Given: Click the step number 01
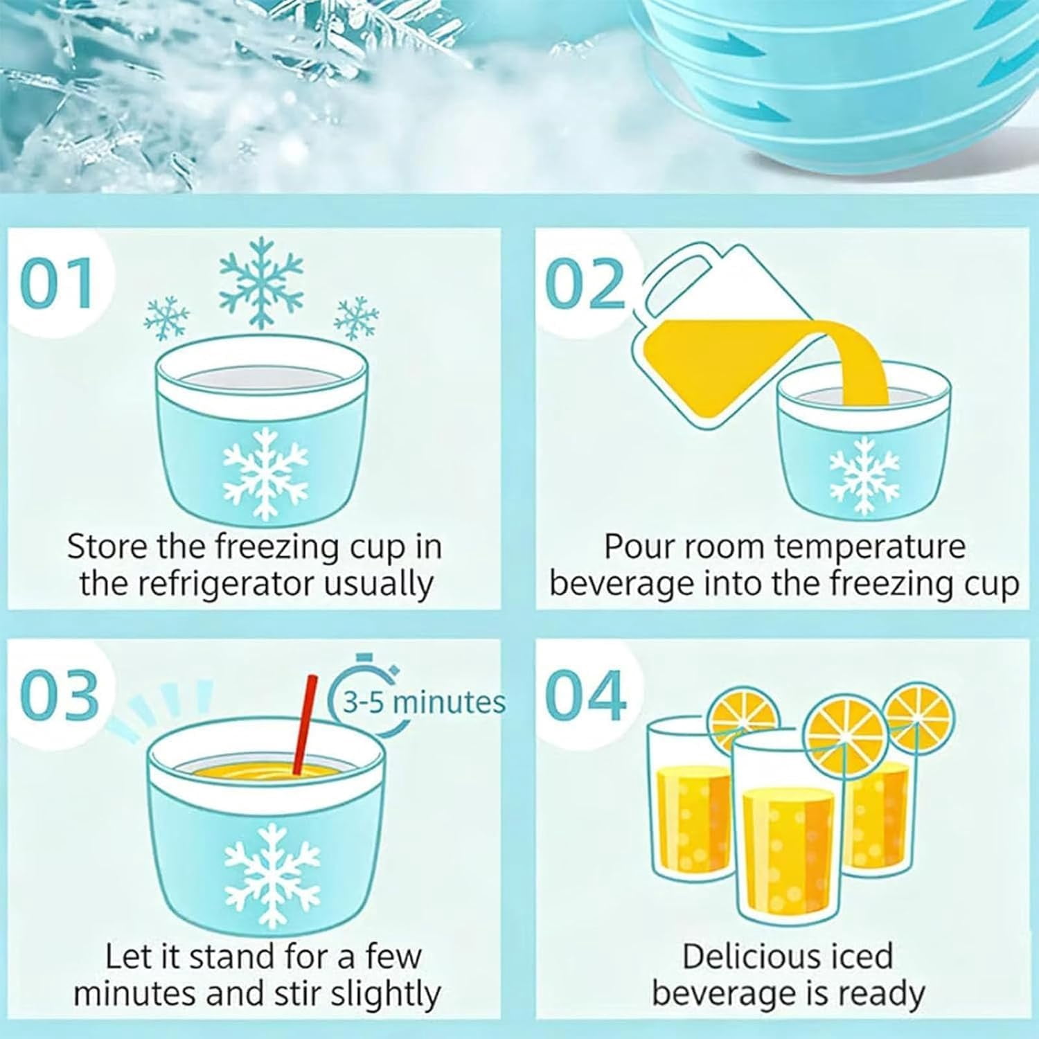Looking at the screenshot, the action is tap(57, 283).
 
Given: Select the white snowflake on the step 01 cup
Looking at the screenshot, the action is tap(265, 474).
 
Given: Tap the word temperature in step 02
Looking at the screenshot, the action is tap(870, 548).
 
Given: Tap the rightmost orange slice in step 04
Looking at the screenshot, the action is tap(919, 718).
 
